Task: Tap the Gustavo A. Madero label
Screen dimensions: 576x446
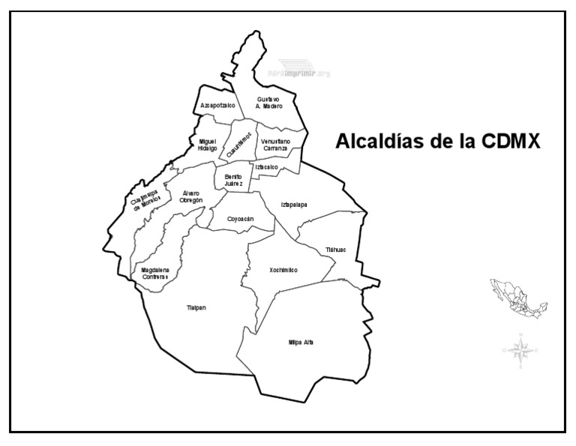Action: point(268,103)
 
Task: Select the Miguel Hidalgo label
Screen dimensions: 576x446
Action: point(208,145)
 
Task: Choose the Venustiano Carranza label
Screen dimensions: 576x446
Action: point(276,145)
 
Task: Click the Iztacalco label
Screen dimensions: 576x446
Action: point(267,166)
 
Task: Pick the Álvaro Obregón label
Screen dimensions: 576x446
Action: point(193,196)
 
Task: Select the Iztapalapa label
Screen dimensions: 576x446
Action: point(294,204)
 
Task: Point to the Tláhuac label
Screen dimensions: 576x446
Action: point(335,250)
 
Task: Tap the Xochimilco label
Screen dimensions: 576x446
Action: point(283,270)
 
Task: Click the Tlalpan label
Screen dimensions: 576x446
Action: point(196,307)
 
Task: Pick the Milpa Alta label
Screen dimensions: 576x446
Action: point(301,342)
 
